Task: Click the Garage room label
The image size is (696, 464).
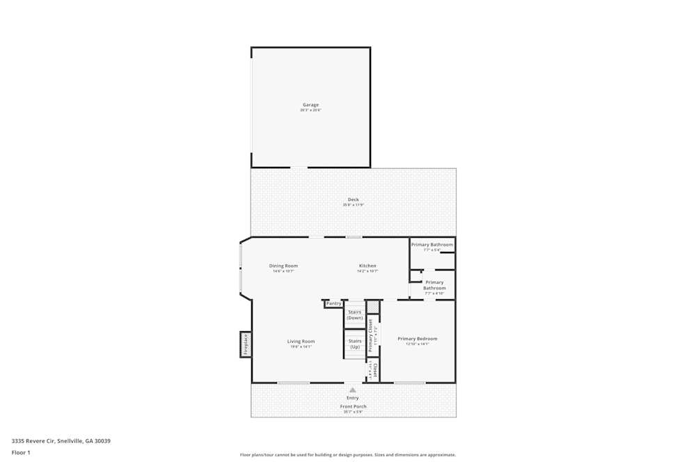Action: [310, 105]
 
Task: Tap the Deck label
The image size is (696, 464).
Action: [354, 200]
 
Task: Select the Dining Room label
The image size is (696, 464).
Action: [283, 266]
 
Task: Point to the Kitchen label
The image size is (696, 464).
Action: [367, 266]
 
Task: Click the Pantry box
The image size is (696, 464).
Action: [334, 303]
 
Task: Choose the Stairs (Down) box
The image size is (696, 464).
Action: [355, 315]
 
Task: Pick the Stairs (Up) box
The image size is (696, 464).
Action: [355, 344]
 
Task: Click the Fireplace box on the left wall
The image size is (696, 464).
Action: [245, 344]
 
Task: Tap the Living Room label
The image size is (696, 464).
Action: [301, 342]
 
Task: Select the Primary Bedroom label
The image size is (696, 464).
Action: [418, 339]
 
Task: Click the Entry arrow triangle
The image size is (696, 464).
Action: [353, 390]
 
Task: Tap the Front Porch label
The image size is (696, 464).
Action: [353, 406]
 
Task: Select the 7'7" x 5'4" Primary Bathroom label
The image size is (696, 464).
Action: [432, 245]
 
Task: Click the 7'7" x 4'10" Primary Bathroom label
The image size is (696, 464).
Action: [434, 285]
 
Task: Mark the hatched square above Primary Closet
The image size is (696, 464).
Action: [373, 307]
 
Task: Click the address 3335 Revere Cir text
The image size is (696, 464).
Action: [61, 441]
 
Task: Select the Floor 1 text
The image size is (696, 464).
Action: [21, 453]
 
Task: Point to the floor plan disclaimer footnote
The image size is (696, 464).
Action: [348, 455]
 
